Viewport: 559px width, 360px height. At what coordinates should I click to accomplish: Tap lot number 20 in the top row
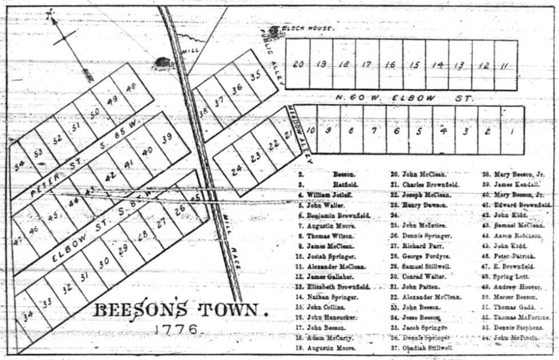point(298,64)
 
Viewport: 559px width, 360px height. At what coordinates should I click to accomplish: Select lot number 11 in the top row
point(504,66)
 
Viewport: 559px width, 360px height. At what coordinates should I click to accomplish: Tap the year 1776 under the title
point(176,330)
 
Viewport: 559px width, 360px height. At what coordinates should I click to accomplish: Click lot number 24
point(236,169)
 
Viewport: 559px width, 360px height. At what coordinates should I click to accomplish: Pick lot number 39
point(166,137)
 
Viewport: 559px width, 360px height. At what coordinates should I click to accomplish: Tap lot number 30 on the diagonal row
point(103,264)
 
